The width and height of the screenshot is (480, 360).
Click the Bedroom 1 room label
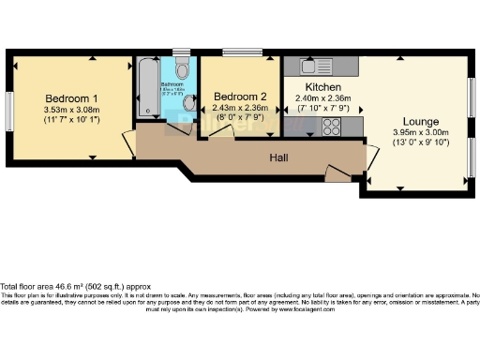tap(70, 98)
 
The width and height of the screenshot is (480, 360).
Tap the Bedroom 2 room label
tap(240, 97)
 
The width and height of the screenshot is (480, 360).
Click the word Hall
tap(279, 157)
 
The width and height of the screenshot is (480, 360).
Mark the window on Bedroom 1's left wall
tap(9, 112)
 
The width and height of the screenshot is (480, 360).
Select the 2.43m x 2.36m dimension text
tap(240, 108)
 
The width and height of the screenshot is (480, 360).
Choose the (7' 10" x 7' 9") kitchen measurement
tap(323, 109)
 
